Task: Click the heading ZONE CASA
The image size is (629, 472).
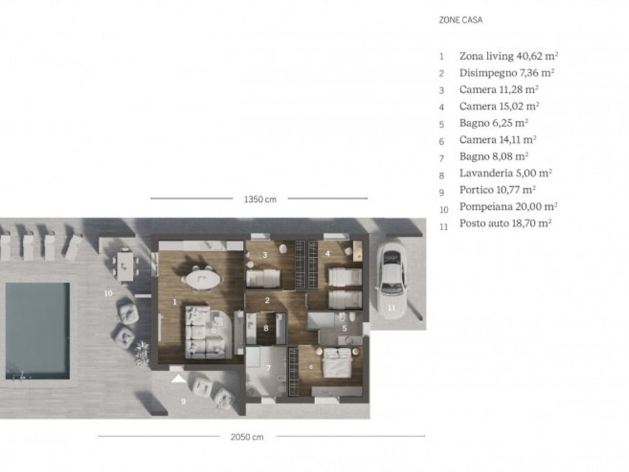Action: click(x=461, y=20)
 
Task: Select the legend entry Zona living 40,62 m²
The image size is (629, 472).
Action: click(x=508, y=56)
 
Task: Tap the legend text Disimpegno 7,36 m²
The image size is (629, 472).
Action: click(x=506, y=73)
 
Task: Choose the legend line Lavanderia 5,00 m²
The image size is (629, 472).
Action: click(x=505, y=173)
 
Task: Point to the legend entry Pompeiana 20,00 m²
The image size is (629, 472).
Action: click(x=508, y=206)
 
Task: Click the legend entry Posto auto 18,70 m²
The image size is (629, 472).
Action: click(x=505, y=224)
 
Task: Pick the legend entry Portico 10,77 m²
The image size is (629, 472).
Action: click(x=497, y=190)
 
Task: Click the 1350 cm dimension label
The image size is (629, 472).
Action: click(x=260, y=199)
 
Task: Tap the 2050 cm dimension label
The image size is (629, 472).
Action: click(x=247, y=437)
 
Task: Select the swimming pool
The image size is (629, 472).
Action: click(x=38, y=331)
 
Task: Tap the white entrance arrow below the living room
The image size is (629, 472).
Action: click(x=178, y=378)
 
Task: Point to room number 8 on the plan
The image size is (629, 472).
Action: click(x=265, y=328)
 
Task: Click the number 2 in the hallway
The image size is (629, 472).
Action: click(x=267, y=301)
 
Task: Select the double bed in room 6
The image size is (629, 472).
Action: click(x=338, y=363)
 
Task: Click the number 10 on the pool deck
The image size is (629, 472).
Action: click(x=108, y=294)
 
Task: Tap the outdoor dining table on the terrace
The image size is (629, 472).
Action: click(x=124, y=265)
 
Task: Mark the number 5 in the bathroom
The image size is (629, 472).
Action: click(x=345, y=328)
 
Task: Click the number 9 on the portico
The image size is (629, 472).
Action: click(x=183, y=401)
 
